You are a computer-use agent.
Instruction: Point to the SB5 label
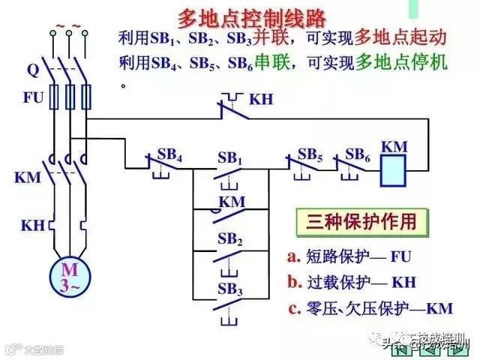(x=310, y=153)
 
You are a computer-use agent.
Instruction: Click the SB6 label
(x=357, y=153)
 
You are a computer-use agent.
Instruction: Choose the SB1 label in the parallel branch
(x=229, y=158)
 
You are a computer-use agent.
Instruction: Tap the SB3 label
(x=229, y=289)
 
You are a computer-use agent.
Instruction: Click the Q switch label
(x=32, y=71)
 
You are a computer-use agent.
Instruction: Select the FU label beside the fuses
(x=32, y=97)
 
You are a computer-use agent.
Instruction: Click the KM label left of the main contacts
(x=28, y=178)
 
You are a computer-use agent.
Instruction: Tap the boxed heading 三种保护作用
(x=355, y=222)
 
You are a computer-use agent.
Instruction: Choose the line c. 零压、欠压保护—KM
(x=373, y=308)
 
